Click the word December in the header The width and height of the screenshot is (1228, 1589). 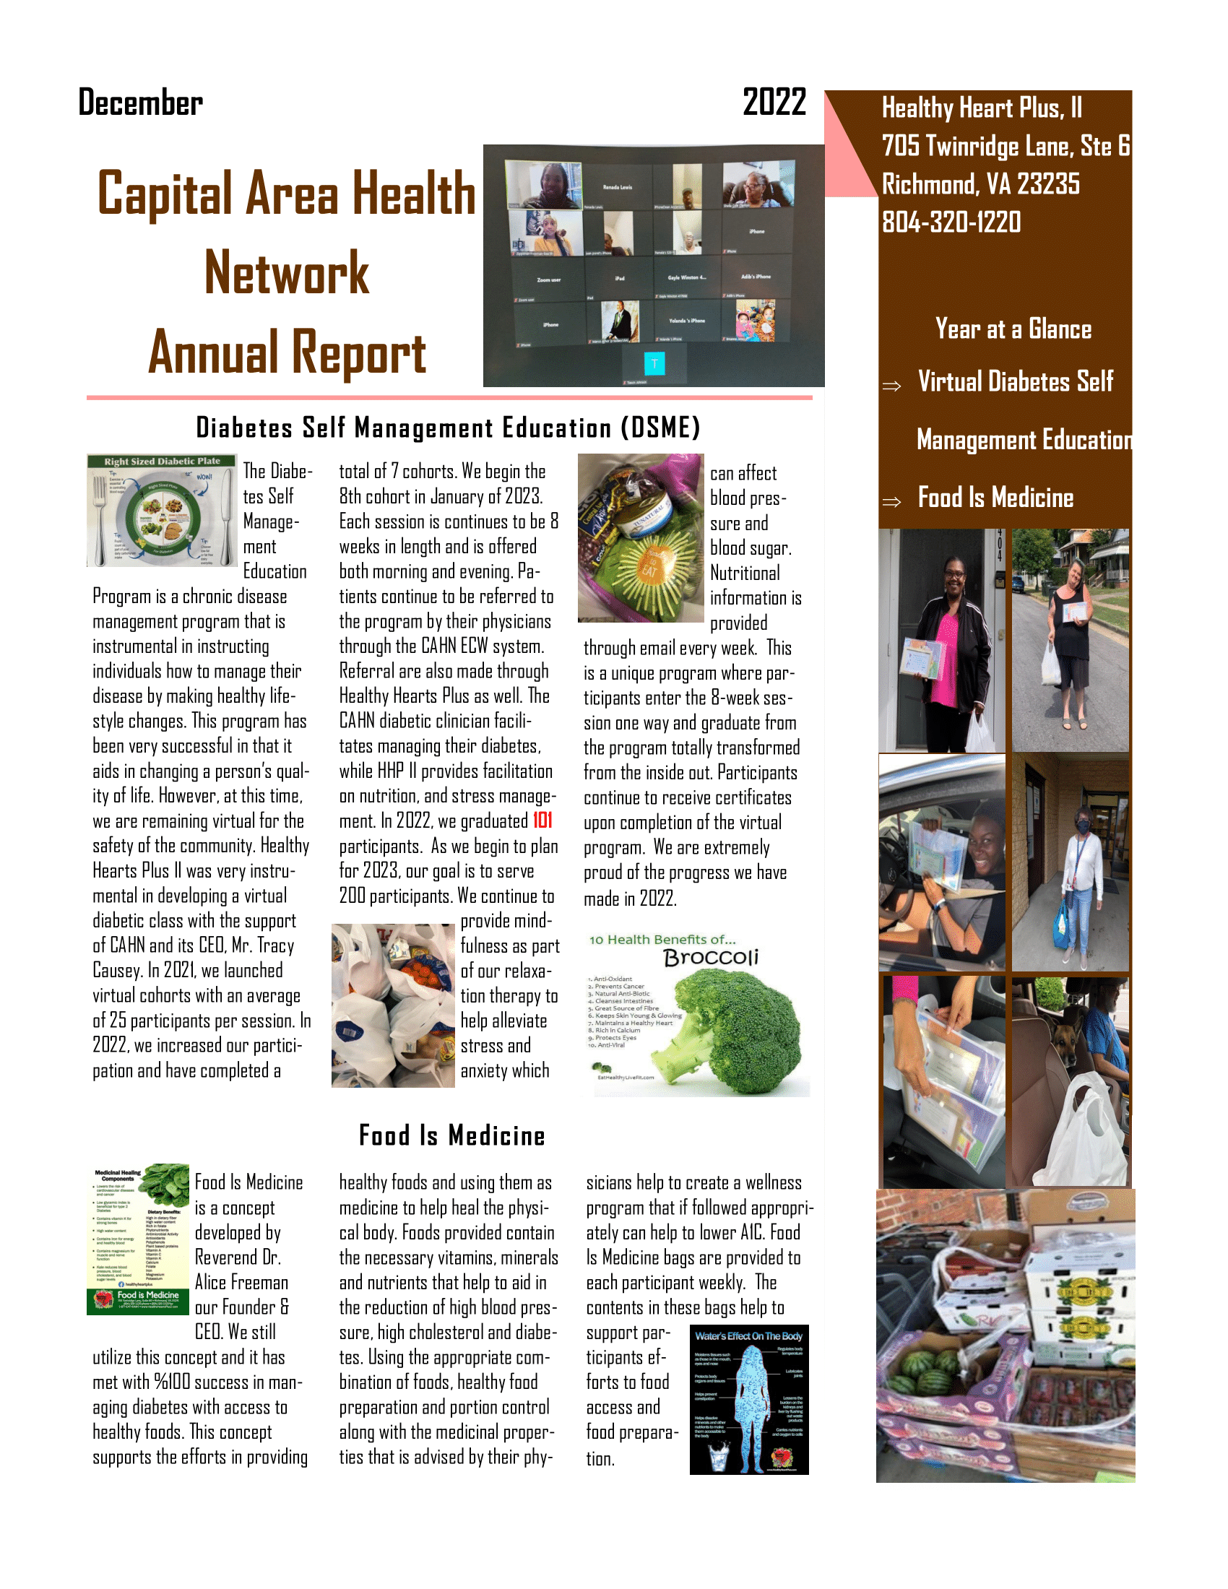pyautogui.click(x=140, y=103)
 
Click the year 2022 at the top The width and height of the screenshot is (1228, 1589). pyautogui.click(x=774, y=102)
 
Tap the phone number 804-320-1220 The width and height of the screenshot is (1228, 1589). pyautogui.click(x=951, y=222)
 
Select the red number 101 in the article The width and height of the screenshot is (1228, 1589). pyautogui.click(x=542, y=821)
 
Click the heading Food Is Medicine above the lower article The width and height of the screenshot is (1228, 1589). pyautogui.click(x=451, y=1135)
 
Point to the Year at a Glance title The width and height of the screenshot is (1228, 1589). pyautogui.click(x=1013, y=329)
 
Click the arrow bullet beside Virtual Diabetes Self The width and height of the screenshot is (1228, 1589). pyautogui.click(x=891, y=386)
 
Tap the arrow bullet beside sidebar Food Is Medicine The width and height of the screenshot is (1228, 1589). pyautogui.click(x=891, y=501)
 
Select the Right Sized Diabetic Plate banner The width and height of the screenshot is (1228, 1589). pyautogui.click(x=162, y=462)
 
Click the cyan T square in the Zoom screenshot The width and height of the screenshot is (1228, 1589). pyautogui.click(x=654, y=363)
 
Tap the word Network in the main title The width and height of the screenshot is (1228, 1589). pyautogui.click(x=287, y=273)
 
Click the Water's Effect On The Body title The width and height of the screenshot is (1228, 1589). pyautogui.click(x=748, y=1335)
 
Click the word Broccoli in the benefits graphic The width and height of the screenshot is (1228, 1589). pyautogui.click(x=711, y=958)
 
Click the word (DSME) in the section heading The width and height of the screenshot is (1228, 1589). pyautogui.click(x=660, y=428)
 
